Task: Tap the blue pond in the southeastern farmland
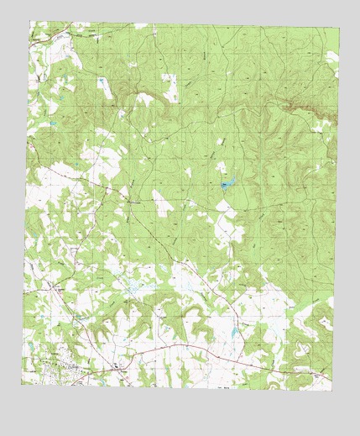[x=233, y=332]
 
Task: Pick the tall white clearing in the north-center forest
[x=170, y=87]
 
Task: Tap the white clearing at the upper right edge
[x=332, y=59]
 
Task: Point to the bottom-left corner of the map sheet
[x=22, y=383]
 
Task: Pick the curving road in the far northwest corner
[x=42, y=42]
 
